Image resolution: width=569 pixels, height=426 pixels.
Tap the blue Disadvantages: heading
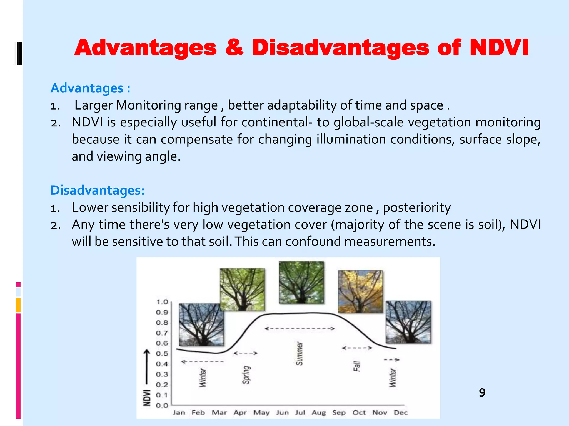pyautogui.click(x=98, y=190)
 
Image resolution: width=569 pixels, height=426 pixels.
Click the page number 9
pyautogui.click(x=482, y=393)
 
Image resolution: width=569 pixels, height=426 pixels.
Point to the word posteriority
pyautogui.click(x=417, y=207)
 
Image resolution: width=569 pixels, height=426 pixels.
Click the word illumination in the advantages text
pyautogui.click(x=351, y=139)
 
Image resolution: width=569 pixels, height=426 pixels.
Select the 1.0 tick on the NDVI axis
pyautogui.click(x=162, y=302)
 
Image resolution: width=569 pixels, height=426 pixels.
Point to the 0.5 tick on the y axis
pyautogui.click(x=162, y=354)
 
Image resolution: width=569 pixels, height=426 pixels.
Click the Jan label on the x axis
pyautogui.click(x=179, y=413)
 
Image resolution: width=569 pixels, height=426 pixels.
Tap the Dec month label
pyautogui.click(x=400, y=413)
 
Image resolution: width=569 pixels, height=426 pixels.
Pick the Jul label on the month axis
pyautogui.click(x=300, y=413)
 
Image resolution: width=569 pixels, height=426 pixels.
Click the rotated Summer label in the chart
pyautogui.click(x=299, y=354)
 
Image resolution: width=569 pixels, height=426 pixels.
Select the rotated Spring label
pyautogui.click(x=246, y=375)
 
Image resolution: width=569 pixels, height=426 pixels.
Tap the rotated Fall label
pyautogui.click(x=357, y=366)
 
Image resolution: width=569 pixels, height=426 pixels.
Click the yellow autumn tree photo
pyautogui.click(x=360, y=291)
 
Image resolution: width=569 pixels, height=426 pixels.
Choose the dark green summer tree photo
pyautogui.click(x=301, y=282)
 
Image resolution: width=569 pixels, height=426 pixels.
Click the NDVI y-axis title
pyautogui.click(x=147, y=398)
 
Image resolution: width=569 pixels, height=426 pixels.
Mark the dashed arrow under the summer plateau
pyautogui.click(x=300, y=329)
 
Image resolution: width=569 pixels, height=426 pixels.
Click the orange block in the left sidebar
pyautogui.click(x=18, y=305)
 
